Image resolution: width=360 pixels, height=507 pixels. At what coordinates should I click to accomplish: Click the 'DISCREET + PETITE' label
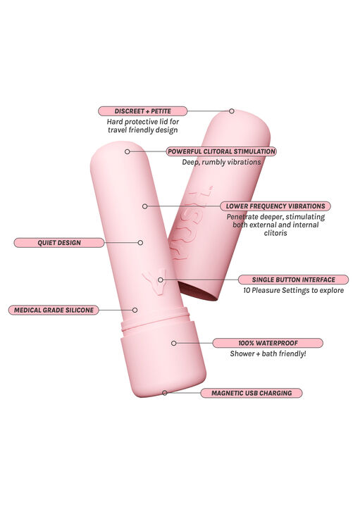(x=142, y=111)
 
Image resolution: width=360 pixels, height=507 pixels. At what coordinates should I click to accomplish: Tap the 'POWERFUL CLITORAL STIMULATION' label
(x=221, y=151)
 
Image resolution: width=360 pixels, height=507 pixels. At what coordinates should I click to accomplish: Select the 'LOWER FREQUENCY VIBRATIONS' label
(x=275, y=206)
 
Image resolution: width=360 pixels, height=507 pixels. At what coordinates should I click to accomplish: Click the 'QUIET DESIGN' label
(x=59, y=242)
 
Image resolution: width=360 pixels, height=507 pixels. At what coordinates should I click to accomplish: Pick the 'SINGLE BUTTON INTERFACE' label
(x=293, y=280)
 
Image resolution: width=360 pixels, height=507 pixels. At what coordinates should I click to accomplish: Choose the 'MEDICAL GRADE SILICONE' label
(x=54, y=310)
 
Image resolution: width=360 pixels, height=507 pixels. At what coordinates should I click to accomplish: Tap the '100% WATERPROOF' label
(x=268, y=343)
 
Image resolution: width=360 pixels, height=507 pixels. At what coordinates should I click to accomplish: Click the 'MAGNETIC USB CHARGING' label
(x=252, y=393)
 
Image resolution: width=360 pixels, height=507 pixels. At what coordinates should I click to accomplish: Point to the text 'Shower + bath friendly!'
(x=268, y=353)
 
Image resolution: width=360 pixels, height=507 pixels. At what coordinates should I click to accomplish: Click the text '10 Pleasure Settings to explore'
(x=293, y=290)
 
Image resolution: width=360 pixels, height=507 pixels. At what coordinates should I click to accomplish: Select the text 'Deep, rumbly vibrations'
(x=221, y=162)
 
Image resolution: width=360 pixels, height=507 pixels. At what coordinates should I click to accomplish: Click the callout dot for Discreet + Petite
(x=232, y=111)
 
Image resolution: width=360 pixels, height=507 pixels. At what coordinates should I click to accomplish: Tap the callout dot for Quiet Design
(x=140, y=242)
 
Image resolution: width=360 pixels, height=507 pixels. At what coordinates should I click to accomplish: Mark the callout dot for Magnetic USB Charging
(x=165, y=393)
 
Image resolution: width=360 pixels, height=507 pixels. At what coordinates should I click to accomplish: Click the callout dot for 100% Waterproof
(x=174, y=343)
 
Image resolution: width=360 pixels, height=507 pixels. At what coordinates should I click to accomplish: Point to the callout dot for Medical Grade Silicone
(x=135, y=310)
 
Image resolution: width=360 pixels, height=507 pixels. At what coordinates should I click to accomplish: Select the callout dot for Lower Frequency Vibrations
(x=145, y=206)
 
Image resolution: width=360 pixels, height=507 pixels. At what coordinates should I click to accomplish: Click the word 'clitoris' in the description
(x=275, y=233)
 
